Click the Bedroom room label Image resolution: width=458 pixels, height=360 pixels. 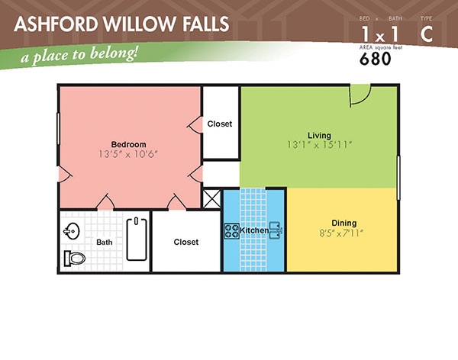pos(128,144)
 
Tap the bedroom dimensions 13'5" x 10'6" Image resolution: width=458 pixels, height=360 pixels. pos(128,154)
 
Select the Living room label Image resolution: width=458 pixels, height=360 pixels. pos(319,136)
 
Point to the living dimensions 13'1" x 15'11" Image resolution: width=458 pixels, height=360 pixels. pos(319,145)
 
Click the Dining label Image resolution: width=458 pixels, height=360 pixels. pos(344,223)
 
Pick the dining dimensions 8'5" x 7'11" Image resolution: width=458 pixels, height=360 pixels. pos(341,233)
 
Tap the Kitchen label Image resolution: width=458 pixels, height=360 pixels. pos(254,230)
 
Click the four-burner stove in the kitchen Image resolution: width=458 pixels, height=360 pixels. pos(231,231)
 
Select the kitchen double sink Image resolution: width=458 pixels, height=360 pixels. pos(275,230)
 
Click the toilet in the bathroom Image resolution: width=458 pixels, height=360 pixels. pos(75,259)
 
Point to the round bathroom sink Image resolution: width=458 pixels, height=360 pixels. pos(72,231)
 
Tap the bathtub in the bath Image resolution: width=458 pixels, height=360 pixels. pos(137,239)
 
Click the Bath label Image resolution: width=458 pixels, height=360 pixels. pos(105,243)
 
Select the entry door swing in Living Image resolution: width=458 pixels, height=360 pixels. pos(360,95)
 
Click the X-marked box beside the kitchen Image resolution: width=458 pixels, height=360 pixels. pos(211,199)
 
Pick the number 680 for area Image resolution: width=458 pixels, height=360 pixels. pos(375,59)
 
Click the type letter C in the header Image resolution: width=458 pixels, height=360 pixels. pos(427,34)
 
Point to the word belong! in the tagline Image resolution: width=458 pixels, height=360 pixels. pos(114,53)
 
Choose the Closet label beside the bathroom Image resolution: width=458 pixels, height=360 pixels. pos(186,242)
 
